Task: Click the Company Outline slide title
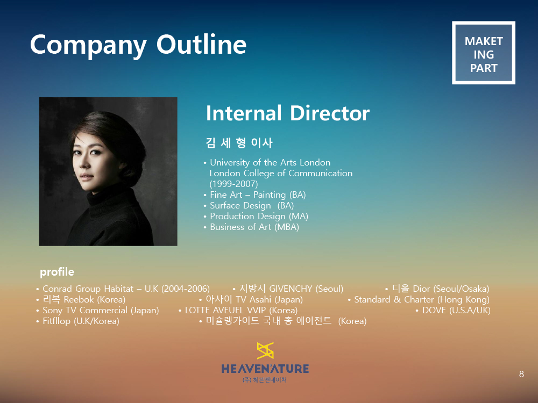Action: coord(138,45)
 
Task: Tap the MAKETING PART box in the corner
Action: coord(484,53)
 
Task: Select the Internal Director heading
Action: coord(287,113)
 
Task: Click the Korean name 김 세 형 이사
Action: coord(239,142)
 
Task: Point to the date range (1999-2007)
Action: coord(233,184)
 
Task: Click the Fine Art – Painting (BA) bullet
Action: coord(254,195)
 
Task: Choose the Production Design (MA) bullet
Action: coord(256,216)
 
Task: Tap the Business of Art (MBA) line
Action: coord(251,227)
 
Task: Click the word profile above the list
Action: coord(57,272)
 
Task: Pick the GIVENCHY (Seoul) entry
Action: coord(288,289)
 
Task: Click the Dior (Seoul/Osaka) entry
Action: coord(437,289)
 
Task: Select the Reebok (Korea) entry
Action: coord(81,299)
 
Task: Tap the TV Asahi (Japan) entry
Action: coord(251,299)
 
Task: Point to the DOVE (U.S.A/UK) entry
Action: coord(453,310)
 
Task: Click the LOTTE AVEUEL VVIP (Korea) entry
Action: coord(238,310)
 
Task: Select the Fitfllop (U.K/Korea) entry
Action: coord(78,321)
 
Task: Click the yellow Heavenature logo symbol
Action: coord(265,350)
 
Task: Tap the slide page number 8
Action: coord(521,374)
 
